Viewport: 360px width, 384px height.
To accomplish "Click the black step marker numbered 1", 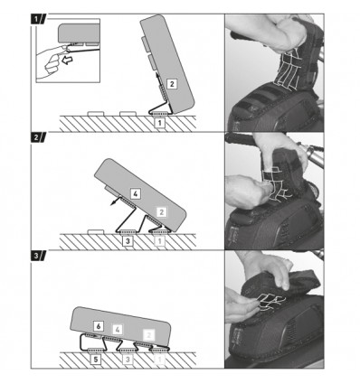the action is point(38,20).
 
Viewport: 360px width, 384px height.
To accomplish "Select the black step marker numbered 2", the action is point(38,137).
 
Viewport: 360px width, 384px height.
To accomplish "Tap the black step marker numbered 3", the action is point(38,256).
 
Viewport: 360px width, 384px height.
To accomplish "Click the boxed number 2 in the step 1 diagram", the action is point(172,84).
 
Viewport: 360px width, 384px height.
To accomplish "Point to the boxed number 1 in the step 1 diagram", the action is point(160,123).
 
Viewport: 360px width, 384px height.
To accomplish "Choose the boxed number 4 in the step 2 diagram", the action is point(136,194).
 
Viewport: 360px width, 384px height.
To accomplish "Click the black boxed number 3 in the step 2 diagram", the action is point(128,241).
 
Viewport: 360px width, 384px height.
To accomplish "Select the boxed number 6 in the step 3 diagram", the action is point(99,326).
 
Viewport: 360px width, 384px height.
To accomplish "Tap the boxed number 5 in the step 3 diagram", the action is point(96,360).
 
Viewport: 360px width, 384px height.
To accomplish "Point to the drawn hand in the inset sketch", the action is point(52,61).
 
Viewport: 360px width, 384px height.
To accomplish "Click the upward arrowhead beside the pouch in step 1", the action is point(157,75).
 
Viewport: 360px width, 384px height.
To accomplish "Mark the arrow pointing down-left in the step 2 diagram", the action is point(115,201).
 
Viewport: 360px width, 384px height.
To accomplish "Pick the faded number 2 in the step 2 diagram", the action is point(161,212).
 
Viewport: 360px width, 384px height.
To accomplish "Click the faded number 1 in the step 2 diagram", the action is point(159,241).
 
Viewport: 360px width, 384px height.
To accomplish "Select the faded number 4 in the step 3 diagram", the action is point(118,330).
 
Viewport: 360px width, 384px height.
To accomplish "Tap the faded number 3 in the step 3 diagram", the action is point(128,360).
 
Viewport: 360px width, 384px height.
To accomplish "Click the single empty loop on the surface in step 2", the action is point(96,231).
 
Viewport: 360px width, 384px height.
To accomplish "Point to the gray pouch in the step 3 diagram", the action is point(120,323).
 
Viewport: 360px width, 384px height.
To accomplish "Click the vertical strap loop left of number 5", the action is point(81,342).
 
